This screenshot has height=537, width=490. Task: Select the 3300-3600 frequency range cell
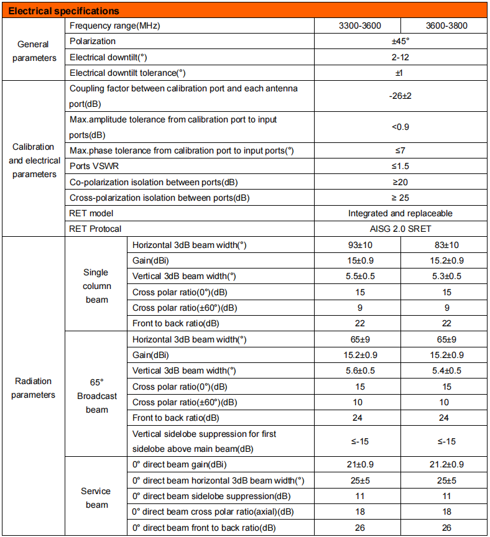click(359, 25)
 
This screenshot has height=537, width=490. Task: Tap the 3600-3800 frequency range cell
click(445, 25)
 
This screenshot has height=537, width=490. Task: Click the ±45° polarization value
click(402, 41)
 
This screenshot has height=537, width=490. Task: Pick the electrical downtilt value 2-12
click(402, 57)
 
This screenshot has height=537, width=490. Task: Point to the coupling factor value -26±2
click(402, 96)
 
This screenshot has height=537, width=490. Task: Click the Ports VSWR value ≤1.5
click(402, 167)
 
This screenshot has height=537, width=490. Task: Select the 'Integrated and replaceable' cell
click(402, 213)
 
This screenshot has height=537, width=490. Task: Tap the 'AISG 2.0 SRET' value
click(402, 229)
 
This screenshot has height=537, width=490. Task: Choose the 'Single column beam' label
click(96, 286)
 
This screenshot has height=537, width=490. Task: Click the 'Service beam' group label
click(96, 498)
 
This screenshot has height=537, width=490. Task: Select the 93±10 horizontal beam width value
click(359, 245)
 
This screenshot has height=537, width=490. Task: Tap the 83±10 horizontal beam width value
click(445, 245)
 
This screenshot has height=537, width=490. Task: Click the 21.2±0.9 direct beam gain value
click(445, 465)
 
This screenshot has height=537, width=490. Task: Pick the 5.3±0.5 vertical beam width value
click(445, 276)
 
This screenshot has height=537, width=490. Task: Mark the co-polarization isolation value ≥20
click(402, 182)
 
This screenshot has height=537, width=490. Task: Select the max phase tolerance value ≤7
click(402, 150)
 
